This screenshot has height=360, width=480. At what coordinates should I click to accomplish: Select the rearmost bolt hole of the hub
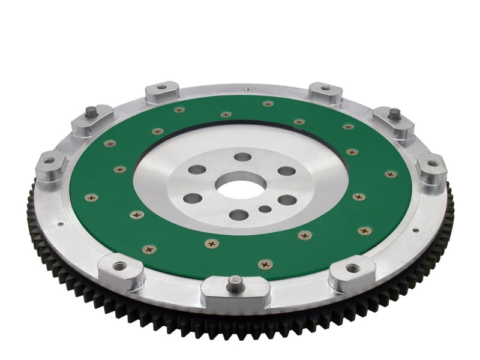click(242, 157)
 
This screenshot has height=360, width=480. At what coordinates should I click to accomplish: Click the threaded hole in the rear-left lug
click(161, 88)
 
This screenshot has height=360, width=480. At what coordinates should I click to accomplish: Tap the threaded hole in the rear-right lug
click(325, 88)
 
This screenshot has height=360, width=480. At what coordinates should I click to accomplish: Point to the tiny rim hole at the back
click(245, 91)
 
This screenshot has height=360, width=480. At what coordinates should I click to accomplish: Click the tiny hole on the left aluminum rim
click(61, 226)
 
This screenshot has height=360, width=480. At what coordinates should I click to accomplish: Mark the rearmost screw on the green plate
click(268, 104)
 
